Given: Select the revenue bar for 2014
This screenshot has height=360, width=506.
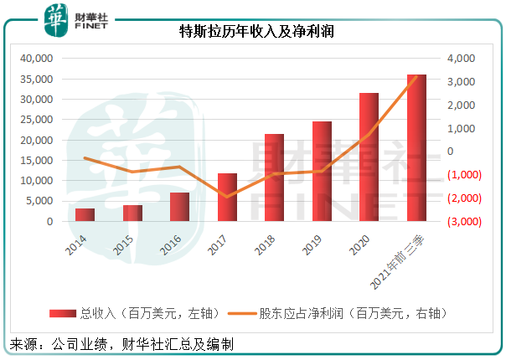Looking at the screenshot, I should [85, 215].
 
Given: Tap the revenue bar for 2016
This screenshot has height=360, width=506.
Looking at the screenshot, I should [180, 207].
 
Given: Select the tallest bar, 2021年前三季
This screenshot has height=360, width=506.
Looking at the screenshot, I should [416, 148].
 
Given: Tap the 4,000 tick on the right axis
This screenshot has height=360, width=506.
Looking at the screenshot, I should [461, 59].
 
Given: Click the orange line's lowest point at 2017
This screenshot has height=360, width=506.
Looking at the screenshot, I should [227, 197].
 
